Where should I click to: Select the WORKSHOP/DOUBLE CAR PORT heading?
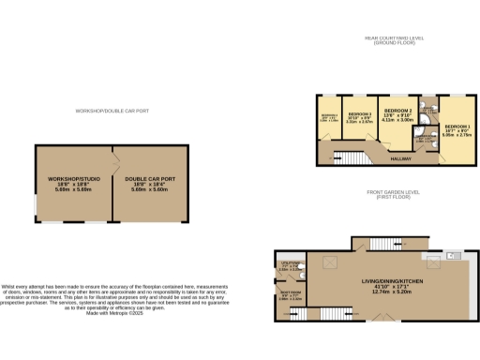coord(113,112)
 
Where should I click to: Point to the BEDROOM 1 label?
coord(457,126)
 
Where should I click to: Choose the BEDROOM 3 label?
coord(359,112)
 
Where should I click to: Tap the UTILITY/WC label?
coord(290,262)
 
